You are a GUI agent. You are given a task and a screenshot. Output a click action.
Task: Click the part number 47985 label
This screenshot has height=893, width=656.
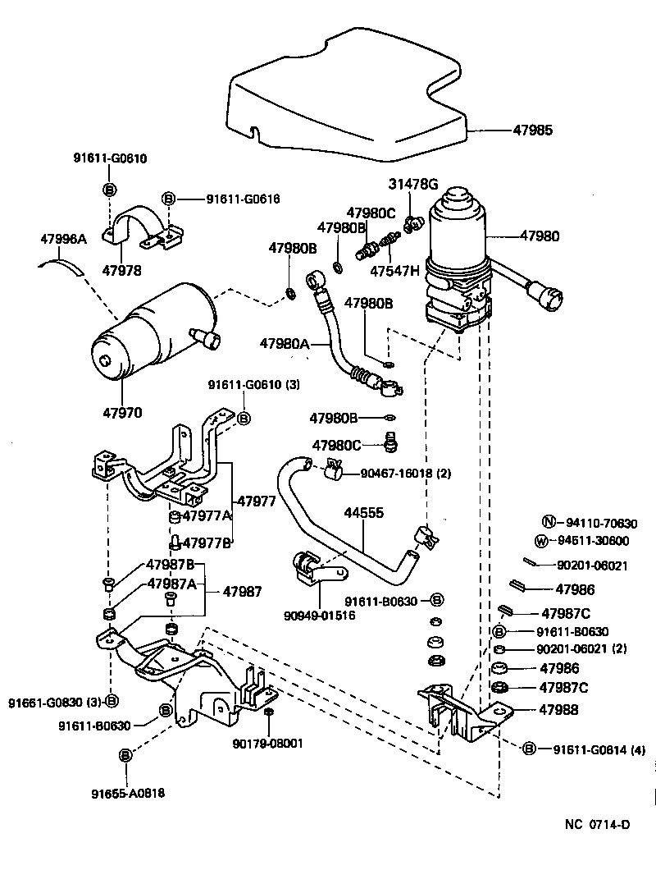pyautogui.click(x=533, y=130)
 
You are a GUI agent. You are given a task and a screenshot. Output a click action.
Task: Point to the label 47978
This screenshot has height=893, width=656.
pyautogui.click(x=121, y=270)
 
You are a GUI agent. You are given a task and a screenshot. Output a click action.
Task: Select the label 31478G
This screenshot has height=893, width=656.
pyautogui.click(x=414, y=183)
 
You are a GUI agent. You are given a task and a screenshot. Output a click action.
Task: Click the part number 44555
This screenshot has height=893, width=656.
pyautogui.click(x=362, y=512)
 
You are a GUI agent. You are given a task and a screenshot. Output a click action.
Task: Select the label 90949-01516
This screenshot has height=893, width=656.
pyautogui.click(x=321, y=616)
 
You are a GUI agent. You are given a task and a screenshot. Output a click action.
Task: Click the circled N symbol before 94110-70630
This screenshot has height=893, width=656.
pyautogui.click(x=548, y=522)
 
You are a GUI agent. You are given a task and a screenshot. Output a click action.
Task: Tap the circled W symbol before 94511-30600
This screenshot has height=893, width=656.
pyautogui.click(x=540, y=540)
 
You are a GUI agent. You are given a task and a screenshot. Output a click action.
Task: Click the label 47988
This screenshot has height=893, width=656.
pyautogui.click(x=558, y=710)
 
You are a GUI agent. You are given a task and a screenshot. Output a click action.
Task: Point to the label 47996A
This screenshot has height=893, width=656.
pyautogui.click(x=63, y=239)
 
